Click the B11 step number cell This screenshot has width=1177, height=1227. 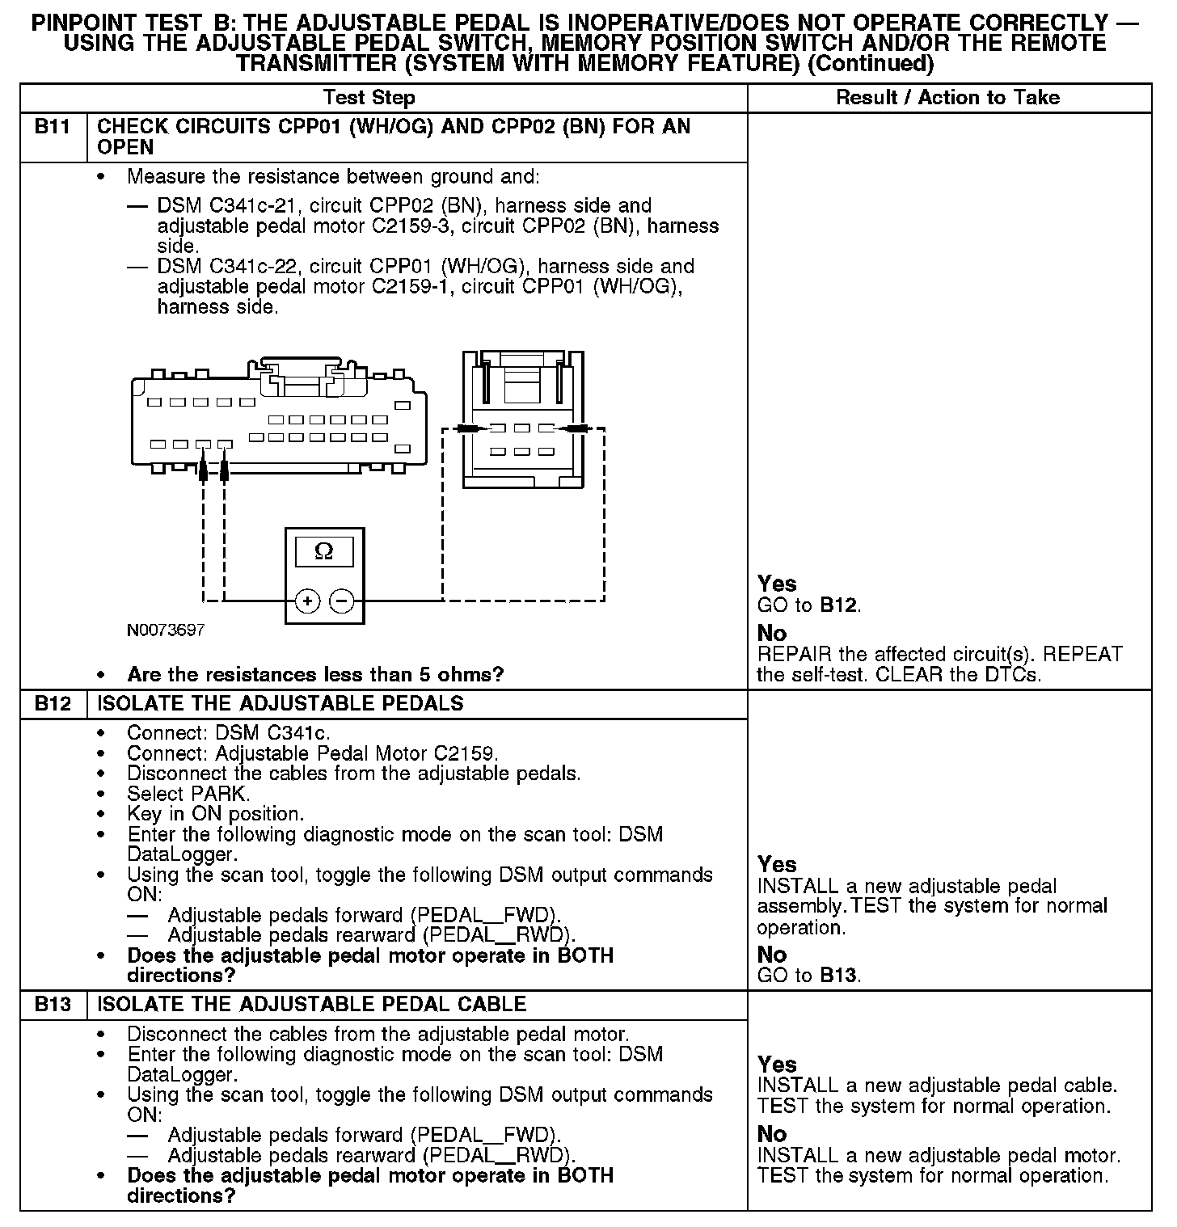(53, 127)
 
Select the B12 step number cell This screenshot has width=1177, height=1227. (53, 703)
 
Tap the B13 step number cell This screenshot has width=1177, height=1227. (53, 1005)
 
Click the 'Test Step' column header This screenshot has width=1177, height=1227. (369, 98)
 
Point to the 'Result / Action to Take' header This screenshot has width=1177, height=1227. (947, 98)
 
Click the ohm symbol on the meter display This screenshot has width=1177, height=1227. (323, 551)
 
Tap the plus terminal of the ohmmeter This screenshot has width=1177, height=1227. (308, 601)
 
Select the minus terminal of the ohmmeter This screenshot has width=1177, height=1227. (342, 601)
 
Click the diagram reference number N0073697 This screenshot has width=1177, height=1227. (166, 630)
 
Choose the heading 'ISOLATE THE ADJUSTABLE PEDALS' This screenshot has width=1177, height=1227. (280, 703)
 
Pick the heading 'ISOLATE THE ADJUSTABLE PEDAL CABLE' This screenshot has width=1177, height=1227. (311, 1005)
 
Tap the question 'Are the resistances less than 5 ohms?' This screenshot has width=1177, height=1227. (315, 674)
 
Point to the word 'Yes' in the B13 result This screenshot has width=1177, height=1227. (777, 1065)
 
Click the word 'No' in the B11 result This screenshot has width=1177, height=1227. (772, 633)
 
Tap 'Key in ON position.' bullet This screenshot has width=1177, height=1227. (215, 814)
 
